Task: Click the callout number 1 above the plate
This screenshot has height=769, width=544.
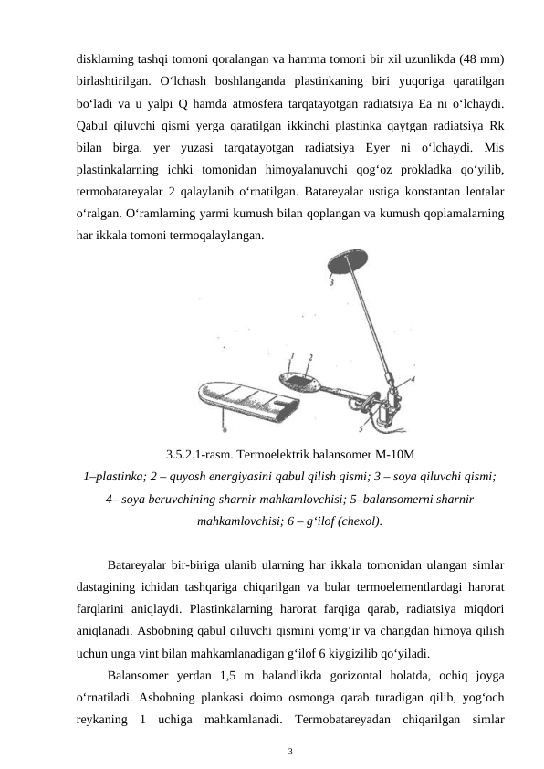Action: coord(291,356)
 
